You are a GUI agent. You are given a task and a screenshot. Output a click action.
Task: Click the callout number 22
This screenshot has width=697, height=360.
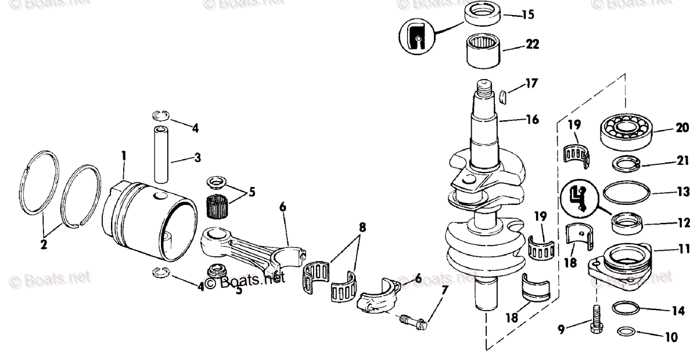point(531,44)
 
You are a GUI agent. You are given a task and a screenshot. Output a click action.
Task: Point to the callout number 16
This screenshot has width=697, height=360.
point(532,120)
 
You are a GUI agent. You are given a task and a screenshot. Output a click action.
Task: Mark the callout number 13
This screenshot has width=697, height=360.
point(683,191)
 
